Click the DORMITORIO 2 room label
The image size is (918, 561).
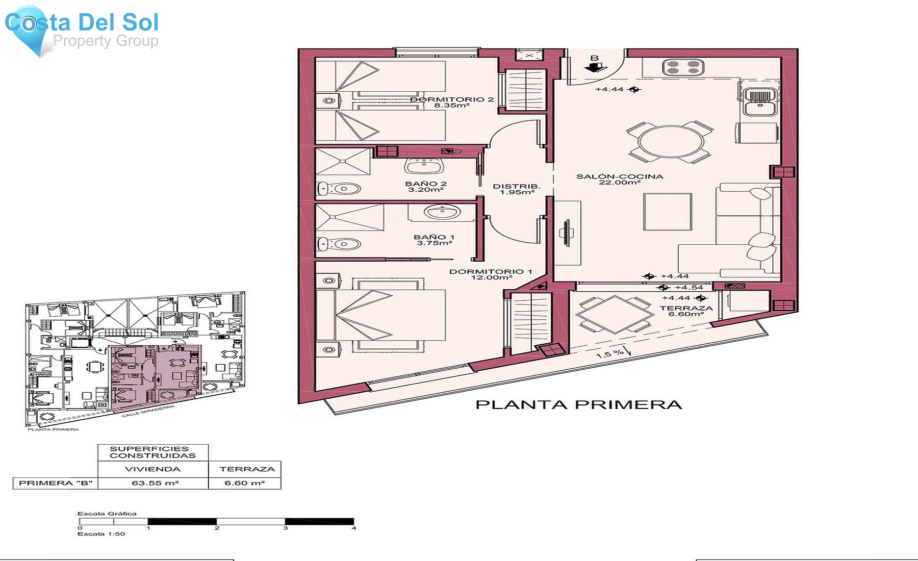click(451, 102)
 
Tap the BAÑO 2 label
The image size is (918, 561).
click(426, 187)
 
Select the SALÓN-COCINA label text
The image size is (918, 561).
click(620, 179)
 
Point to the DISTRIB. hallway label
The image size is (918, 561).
click(516, 189)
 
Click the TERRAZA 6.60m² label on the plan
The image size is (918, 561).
click(686, 311)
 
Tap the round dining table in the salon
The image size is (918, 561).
click(670, 141)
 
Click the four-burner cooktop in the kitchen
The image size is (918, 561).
click(683, 67)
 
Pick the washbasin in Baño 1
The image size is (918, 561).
click(442, 211)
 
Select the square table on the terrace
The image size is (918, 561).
click(614, 314)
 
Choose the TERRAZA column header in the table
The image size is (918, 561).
click(247, 469)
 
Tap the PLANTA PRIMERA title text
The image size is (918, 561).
click(578, 405)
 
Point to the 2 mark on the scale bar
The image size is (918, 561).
click(217, 528)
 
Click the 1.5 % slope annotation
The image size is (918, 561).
click(610, 353)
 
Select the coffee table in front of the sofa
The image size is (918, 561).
click(667, 212)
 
